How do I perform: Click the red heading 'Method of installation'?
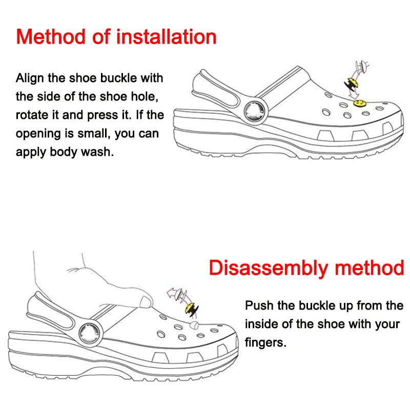(x=116, y=37)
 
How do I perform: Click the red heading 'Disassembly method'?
(x=306, y=268)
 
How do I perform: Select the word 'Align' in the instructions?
(x=29, y=78)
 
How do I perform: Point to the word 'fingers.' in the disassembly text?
(x=265, y=342)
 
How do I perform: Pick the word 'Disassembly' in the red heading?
(x=268, y=268)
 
